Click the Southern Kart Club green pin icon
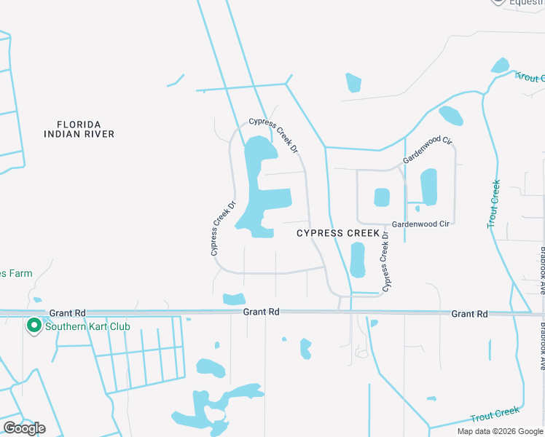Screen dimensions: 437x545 pyautogui.click(x=34, y=326)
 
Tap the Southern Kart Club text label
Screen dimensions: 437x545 pyautogui.click(x=87, y=326)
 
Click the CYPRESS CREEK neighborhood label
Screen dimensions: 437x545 pyautogui.click(x=338, y=233)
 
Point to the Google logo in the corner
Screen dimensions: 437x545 pyautogui.click(x=23, y=428)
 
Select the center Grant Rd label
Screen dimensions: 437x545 pyautogui.click(x=261, y=312)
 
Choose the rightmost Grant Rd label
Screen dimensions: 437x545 pyautogui.click(x=469, y=314)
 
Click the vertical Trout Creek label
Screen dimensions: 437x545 pyautogui.click(x=495, y=204)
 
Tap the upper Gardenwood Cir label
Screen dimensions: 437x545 pyautogui.click(x=428, y=149)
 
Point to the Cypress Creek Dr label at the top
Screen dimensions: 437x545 pyautogui.click(x=274, y=135)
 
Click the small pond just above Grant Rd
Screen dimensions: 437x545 pyautogui.click(x=234, y=299)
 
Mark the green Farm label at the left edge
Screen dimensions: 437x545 pyautogui.click(x=16, y=273)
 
